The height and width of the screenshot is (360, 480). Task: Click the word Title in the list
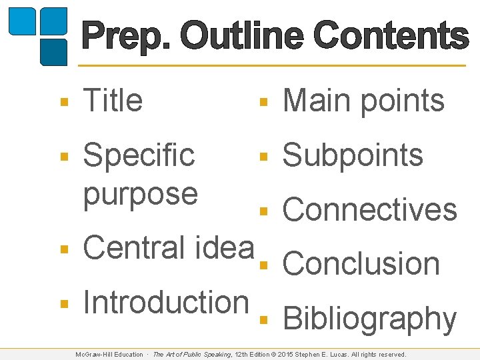coord(113,101)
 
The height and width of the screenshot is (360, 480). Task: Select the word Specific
coord(139,156)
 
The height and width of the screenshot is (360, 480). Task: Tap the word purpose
coord(140,193)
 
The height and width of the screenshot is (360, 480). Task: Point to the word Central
coord(133,247)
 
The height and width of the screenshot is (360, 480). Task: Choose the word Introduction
coord(165,301)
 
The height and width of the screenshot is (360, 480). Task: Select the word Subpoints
coord(353,156)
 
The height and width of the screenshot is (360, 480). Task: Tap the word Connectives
coord(370,210)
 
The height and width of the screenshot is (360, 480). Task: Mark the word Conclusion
coord(361,264)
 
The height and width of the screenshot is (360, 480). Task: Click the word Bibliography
coord(370,319)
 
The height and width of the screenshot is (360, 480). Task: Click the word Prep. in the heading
coord(127,37)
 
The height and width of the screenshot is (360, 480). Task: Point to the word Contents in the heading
coord(391,37)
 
